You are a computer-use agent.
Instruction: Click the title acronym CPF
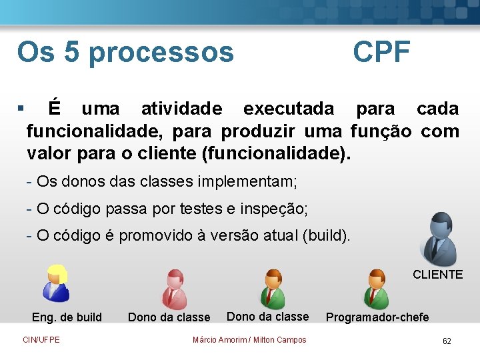(381, 52)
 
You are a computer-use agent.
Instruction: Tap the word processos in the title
(161, 52)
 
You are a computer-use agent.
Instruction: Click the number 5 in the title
(71, 52)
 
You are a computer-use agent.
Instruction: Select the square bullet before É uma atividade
(21, 108)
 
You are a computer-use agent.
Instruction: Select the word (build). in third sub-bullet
(326, 236)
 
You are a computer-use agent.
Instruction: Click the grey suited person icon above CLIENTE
(440, 239)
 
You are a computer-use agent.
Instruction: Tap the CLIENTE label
(437, 275)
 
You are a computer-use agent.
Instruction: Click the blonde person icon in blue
(55, 283)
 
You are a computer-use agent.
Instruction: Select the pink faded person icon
(175, 288)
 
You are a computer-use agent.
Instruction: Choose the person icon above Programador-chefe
(376, 288)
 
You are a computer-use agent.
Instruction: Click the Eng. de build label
(67, 317)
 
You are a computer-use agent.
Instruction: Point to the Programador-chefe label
(377, 317)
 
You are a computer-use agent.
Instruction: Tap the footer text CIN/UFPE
(41, 340)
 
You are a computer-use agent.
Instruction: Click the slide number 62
(447, 341)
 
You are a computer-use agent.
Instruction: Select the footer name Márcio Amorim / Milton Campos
(249, 340)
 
